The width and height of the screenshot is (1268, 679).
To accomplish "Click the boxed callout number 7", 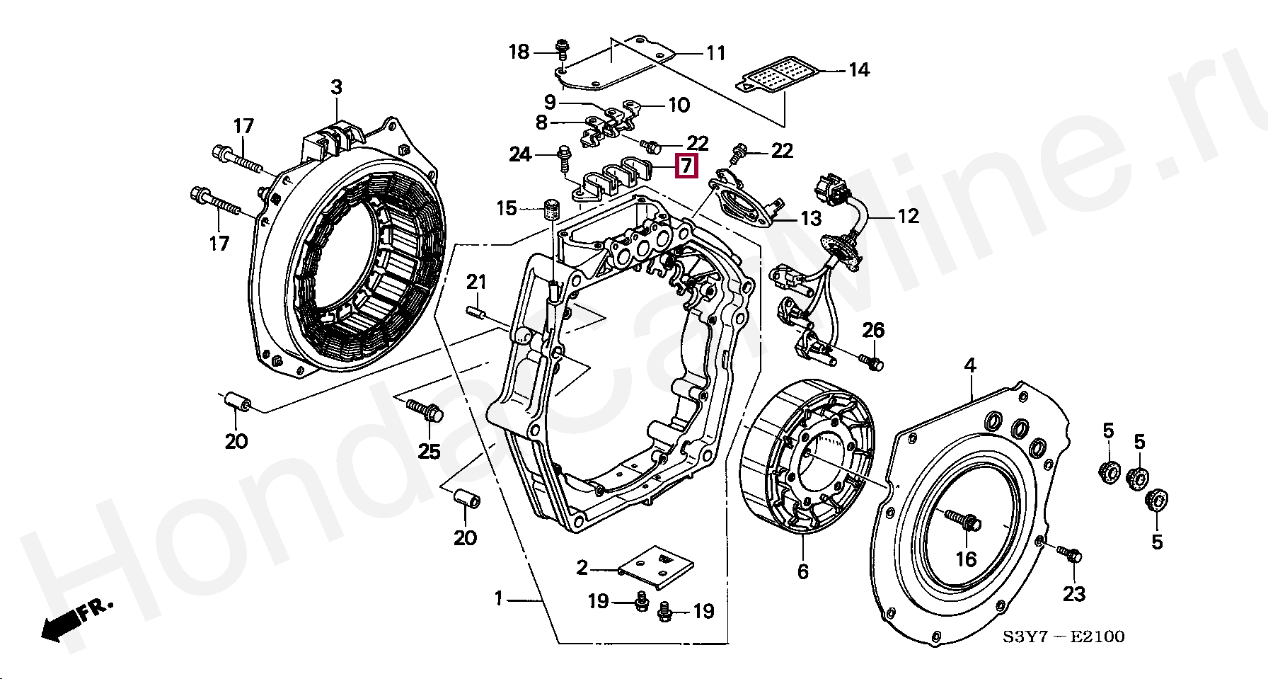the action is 686,166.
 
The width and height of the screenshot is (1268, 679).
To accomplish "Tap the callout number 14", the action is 859,69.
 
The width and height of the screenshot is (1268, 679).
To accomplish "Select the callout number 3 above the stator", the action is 336,87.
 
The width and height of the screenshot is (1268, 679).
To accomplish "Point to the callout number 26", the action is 873,329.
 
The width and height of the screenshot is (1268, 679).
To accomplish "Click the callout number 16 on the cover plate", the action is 966,559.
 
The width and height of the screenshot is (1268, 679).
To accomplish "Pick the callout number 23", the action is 1073,593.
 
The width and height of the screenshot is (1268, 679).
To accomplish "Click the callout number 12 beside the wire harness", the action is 908,215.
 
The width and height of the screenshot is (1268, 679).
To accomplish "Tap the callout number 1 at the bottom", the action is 498,599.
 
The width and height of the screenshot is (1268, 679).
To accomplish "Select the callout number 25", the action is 430,451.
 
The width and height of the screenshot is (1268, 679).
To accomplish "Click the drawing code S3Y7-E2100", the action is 1063,637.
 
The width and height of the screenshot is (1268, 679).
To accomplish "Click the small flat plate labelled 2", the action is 656,566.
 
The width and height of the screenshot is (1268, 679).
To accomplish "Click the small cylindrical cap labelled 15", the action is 552,210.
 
